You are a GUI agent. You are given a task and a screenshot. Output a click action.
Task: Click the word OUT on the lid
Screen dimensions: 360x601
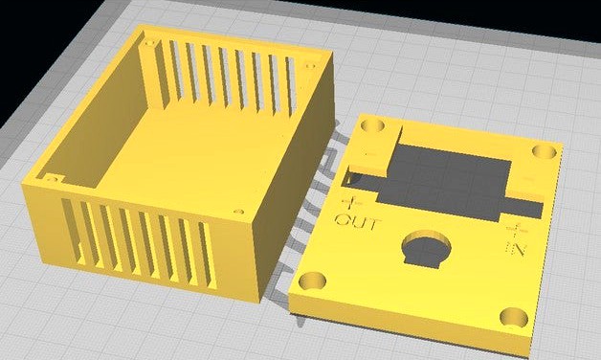click(357, 223)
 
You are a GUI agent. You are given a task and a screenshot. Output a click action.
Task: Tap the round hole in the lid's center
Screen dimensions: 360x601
click(426, 248)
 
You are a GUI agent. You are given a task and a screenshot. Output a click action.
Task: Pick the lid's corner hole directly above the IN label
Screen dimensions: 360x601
click(543, 153)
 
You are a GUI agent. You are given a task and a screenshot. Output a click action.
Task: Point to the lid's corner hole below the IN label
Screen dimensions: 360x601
click(512, 318)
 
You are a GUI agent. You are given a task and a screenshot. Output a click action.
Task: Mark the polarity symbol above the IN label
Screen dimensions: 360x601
click(517, 229)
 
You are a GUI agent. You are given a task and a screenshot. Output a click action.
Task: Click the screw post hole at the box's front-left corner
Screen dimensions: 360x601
click(50, 176)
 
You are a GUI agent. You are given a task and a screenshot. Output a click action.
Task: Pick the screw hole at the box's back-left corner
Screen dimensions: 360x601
click(149, 43)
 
